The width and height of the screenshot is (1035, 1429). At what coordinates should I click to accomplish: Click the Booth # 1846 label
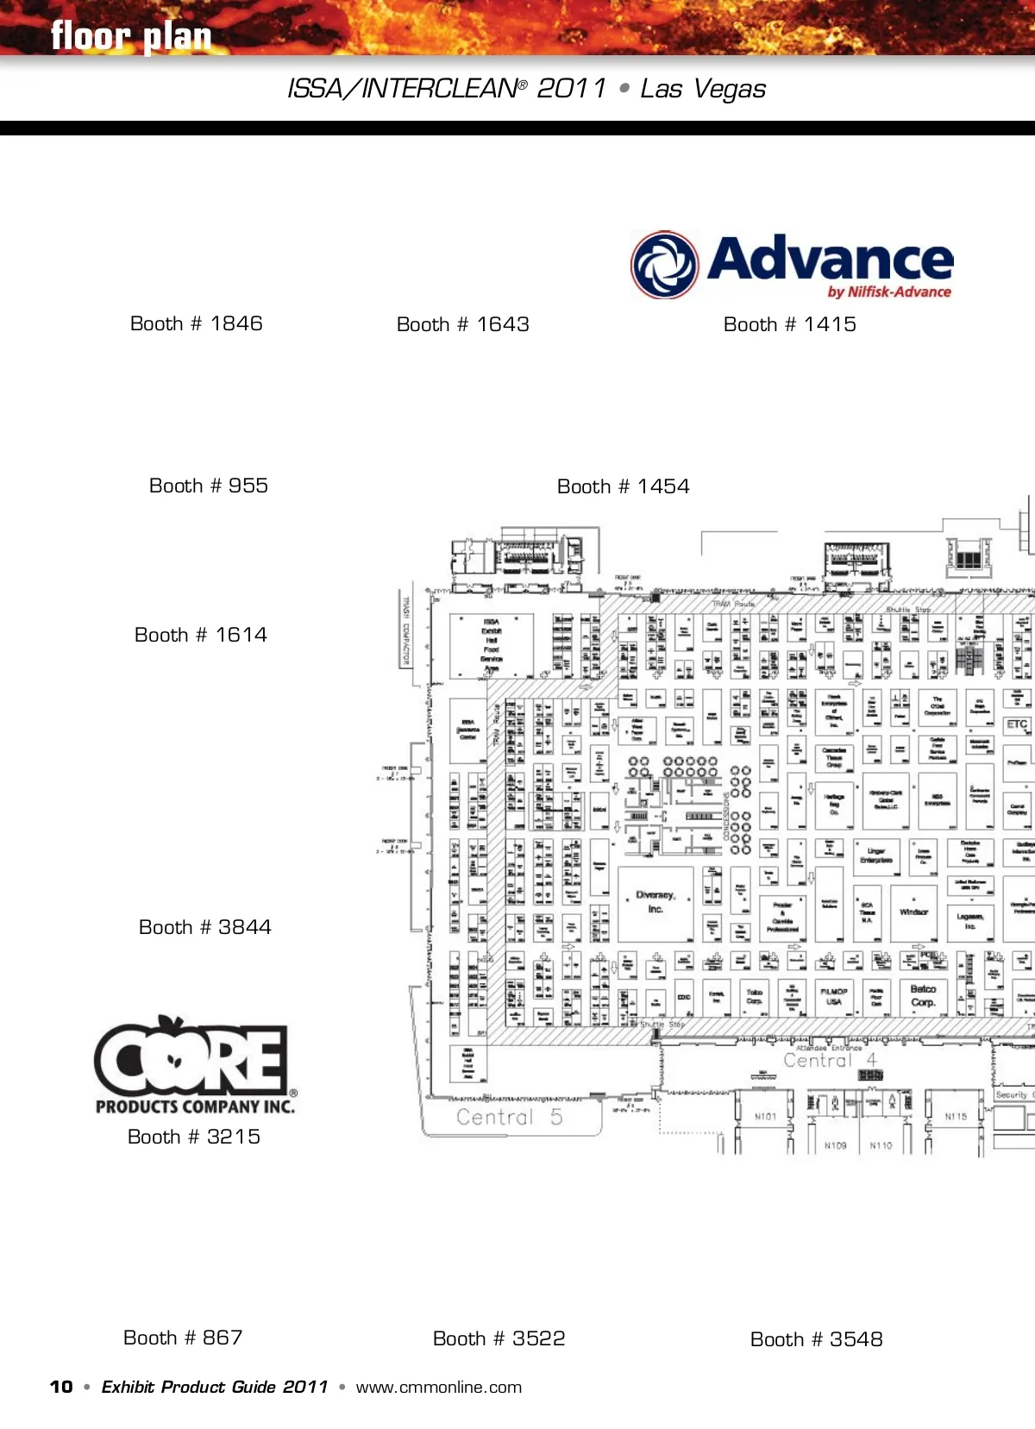tap(196, 323)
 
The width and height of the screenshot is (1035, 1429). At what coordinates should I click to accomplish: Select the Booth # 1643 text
tap(462, 324)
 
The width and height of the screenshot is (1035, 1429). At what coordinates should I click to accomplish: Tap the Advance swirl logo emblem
tap(664, 265)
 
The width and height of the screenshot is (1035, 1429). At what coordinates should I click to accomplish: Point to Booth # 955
tap(208, 486)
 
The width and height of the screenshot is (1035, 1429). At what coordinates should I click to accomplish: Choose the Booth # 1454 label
tap(623, 486)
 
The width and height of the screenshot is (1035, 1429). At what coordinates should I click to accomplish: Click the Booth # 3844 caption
tap(204, 927)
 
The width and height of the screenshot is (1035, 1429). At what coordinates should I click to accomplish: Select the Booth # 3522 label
tap(499, 1338)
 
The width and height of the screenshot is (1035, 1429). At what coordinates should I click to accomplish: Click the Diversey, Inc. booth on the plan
tap(655, 902)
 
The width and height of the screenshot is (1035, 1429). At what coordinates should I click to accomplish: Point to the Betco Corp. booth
tap(923, 995)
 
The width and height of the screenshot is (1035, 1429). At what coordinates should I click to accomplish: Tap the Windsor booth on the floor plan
tap(913, 912)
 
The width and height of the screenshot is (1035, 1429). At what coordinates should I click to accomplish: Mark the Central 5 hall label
tap(509, 1117)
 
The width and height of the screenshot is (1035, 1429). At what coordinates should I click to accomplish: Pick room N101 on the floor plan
tap(765, 1117)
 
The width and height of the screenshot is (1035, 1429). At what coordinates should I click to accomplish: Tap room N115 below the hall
tap(956, 1117)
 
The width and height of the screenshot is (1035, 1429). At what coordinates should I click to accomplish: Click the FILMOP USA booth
tap(833, 996)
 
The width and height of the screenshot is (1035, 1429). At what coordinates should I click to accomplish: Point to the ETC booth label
tap(1017, 724)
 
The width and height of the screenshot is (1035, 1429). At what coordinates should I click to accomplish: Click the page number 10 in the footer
tap(61, 1387)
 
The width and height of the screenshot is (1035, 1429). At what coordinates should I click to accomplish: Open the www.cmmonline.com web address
tap(438, 1388)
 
